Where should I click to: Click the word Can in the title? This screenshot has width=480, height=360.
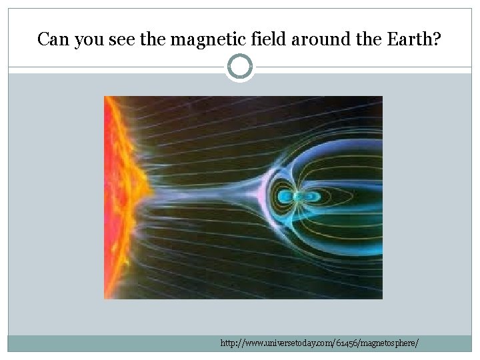(x=51, y=40)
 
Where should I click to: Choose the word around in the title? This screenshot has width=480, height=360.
(x=300, y=40)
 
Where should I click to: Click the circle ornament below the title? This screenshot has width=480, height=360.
(x=240, y=67)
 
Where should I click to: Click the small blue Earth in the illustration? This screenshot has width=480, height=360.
(x=289, y=197)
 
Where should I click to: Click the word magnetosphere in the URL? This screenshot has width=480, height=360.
(x=391, y=343)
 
